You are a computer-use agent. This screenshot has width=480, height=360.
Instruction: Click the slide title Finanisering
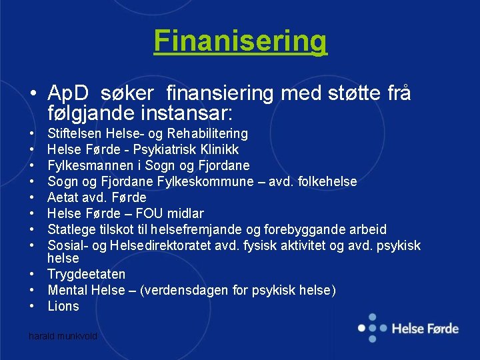[240, 41]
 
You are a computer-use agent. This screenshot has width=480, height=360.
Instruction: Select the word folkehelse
[325, 181]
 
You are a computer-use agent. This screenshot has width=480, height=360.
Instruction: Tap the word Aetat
[63, 197]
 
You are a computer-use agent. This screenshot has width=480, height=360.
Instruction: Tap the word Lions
[63, 306]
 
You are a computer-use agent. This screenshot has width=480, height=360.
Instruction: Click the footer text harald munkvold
[63, 337]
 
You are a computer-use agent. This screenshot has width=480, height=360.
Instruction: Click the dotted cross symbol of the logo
[371, 327]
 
